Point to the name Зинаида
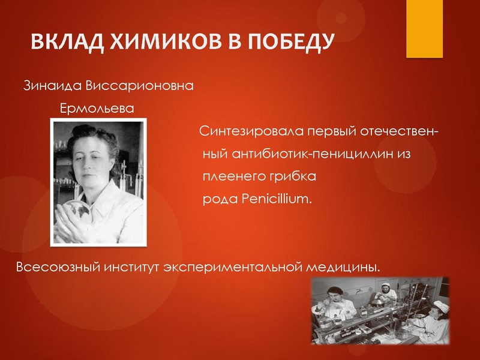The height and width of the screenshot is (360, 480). point(52,86)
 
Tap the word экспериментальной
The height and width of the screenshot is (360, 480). point(231,266)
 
